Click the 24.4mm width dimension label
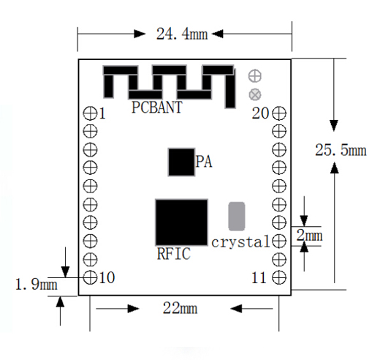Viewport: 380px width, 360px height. pyautogui.click(x=182, y=34)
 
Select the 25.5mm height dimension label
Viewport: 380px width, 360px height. pyautogui.click(x=341, y=150)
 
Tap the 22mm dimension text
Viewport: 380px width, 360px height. pyautogui.click(x=180, y=308)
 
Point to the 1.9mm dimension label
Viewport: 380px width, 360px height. pyautogui.click(x=37, y=285)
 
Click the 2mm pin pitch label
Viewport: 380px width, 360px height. pyautogui.click(x=309, y=236)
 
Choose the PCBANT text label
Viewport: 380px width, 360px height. pyautogui.click(x=157, y=107)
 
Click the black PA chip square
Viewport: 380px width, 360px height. pyautogui.click(x=181, y=162)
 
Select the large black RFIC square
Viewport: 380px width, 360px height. pyautogui.click(x=181, y=222)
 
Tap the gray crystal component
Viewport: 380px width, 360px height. pyautogui.click(x=237, y=216)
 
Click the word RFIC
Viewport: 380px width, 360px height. pyautogui.click(x=174, y=253)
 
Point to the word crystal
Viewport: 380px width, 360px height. pyautogui.click(x=240, y=242)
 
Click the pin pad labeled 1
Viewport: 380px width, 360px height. pyautogui.click(x=90, y=113)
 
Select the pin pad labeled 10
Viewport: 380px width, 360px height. pyautogui.click(x=90, y=277)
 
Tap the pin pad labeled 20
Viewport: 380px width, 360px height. pyautogui.click(x=279, y=113)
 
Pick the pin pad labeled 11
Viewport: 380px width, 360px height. pyautogui.click(x=279, y=277)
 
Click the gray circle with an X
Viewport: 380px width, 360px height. pyautogui.click(x=255, y=94)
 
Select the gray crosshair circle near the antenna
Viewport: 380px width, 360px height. pyautogui.click(x=255, y=76)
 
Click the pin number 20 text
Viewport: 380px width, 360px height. pyautogui.click(x=260, y=113)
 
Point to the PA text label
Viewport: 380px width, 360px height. pyautogui.click(x=204, y=162)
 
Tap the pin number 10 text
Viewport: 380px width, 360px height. pyautogui.click(x=107, y=278)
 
